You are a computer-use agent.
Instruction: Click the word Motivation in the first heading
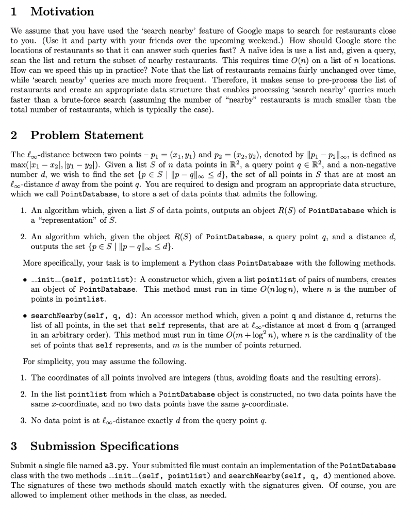pos(62,11)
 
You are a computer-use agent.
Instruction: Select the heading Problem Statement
pos(87,136)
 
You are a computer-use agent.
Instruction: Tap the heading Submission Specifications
pos(104,445)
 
